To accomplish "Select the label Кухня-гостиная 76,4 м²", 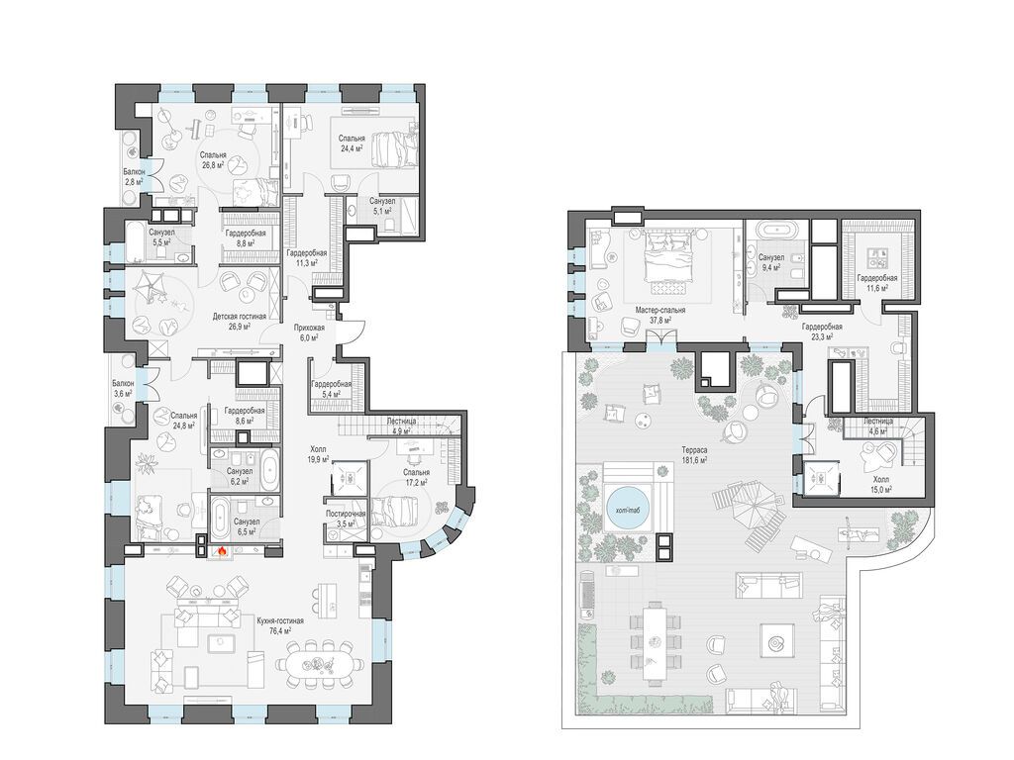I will tap(280, 624).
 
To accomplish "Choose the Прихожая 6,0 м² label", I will tap(309, 332).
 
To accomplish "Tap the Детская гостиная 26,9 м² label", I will tap(239, 321).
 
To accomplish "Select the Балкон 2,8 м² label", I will tap(134, 176).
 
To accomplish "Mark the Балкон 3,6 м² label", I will tap(122, 388).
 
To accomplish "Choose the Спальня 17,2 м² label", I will tap(416, 478).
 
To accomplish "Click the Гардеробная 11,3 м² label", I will tap(307, 258).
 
